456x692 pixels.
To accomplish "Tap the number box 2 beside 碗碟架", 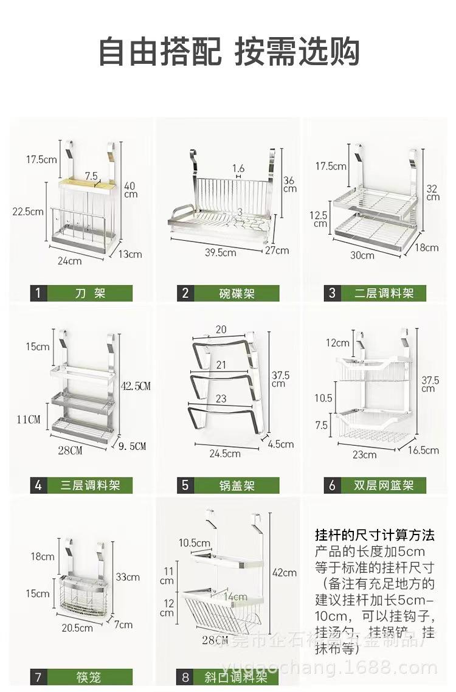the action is (185, 293).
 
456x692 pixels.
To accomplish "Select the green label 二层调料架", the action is (383, 293).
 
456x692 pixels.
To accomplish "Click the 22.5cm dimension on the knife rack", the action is (27, 212).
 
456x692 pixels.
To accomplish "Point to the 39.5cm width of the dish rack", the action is (220, 252).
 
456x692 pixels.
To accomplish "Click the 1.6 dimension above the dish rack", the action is (238, 168).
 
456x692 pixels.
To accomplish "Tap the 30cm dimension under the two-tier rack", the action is (362, 255).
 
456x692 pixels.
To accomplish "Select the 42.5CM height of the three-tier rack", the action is (136, 386).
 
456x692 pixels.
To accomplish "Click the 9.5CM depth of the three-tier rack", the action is (131, 446).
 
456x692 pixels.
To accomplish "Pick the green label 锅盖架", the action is (237, 486).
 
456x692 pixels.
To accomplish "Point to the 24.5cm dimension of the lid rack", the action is (225, 454).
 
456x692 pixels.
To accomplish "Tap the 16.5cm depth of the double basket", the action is (424, 450).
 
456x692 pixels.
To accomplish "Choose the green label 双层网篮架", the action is (383, 486).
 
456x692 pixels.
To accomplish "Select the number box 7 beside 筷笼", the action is (38, 677).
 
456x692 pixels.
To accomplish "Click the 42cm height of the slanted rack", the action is (285, 573).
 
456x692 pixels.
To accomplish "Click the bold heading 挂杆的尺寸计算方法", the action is (375, 535).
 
